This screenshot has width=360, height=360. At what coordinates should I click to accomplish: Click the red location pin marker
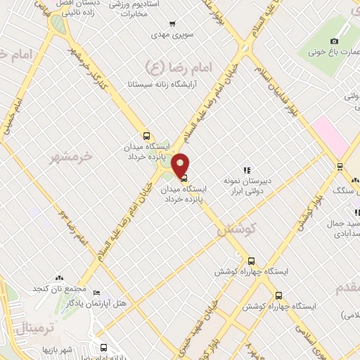(181, 165)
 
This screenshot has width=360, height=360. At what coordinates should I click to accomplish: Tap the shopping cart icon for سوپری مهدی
(162, 33)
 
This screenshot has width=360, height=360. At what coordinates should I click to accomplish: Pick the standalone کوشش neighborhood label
(236, 229)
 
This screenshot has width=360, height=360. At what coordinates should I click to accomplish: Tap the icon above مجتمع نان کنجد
(59, 279)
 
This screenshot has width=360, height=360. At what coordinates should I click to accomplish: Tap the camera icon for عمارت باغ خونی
(334, 41)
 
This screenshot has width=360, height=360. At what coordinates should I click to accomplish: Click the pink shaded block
(330, 136)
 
